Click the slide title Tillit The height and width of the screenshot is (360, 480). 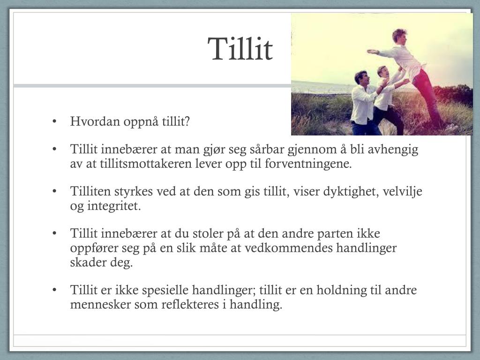[x=240, y=49]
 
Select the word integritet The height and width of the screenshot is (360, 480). [x=114, y=206]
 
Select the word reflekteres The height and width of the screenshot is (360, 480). [x=187, y=304]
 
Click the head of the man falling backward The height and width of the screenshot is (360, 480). [x=399, y=36]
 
